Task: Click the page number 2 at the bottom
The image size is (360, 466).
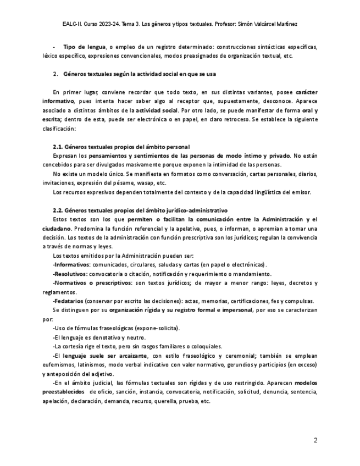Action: click(315, 440)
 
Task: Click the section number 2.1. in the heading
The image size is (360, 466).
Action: click(58, 147)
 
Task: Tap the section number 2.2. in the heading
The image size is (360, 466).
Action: click(58, 210)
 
